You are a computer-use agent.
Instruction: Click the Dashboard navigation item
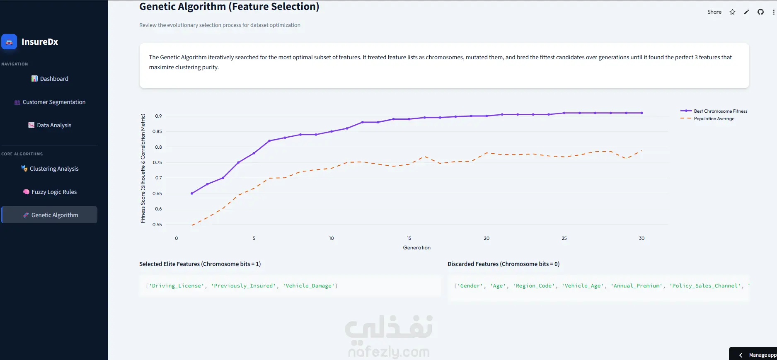click(x=50, y=79)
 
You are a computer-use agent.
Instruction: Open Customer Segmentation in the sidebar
click(x=50, y=102)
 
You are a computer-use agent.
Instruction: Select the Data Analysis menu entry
click(x=50, y=125)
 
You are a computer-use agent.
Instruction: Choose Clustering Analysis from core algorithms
click(x=50, y=169)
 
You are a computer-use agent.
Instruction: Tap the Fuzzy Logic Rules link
click(x=50, y=192)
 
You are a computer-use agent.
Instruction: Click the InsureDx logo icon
click(x=9, y=42)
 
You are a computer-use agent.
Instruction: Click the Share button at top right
click(x=714, y=12)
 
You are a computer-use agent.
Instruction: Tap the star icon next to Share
click(x=733, y=12)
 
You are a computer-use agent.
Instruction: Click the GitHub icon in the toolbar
click(x=760, y=12)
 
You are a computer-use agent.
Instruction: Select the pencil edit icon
click(x=746, y=12)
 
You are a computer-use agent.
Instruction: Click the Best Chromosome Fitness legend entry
click(x=714, y=111)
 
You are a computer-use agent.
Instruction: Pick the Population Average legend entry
click(x=707, y=118)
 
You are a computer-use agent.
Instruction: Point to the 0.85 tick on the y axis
click(x=157, y=131)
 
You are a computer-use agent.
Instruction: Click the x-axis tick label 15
click(x=409, y=238)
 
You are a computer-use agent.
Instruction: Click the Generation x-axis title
click(x=417, y=248)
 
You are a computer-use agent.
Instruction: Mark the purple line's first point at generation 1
click(x=192, y=193)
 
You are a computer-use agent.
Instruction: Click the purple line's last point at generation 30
click(x=642, y=113)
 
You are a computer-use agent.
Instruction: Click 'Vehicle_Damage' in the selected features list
click(x=309, y=286)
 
